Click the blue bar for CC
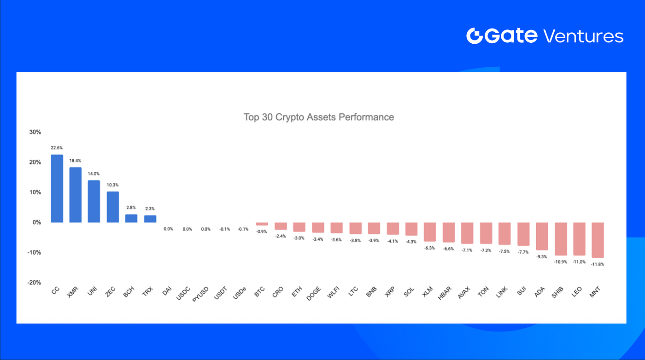coord(57,189)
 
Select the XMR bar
coord(76,195)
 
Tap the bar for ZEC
coord(113,207)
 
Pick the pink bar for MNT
coord(598,240)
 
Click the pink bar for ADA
coord(541,236)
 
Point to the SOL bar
coord(411,229)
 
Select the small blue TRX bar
coord(150,219)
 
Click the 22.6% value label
coord(57,148)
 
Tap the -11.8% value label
coord(598,264)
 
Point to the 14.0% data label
coord(94,174)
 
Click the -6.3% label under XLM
coord(430,248)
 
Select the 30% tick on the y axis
coord(35,132)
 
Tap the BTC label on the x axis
coord(259,293)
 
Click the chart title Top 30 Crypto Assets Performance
coord(319,117)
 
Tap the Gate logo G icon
coord(474,36)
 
